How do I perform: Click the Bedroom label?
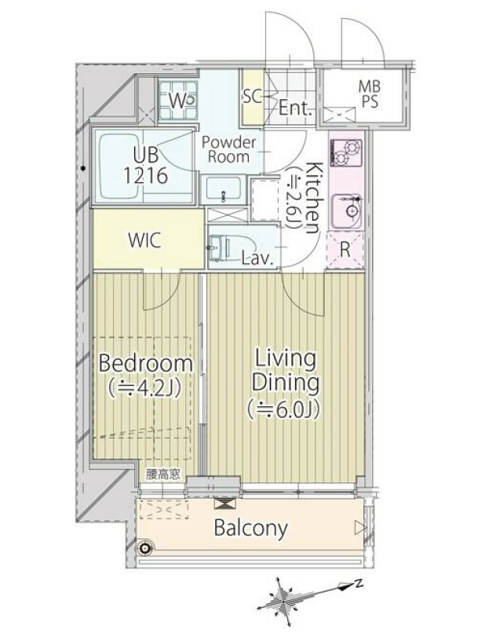pos(145,363)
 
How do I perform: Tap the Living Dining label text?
pos(285,371)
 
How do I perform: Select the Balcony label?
pos(250,528)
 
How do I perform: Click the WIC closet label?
pos(144,240)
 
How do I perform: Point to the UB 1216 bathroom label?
pos(145,165)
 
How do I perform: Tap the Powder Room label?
pos(228,149)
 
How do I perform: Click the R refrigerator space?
pos(345,250)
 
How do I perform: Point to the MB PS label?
pos(370,93)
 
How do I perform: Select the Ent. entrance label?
pos(296,108)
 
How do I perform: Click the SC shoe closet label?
pos(253,97)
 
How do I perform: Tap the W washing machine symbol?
pos(178,101)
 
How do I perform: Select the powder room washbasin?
pos(223,189)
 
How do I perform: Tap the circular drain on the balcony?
pos(144,548)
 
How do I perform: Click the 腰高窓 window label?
pos(163,474)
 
